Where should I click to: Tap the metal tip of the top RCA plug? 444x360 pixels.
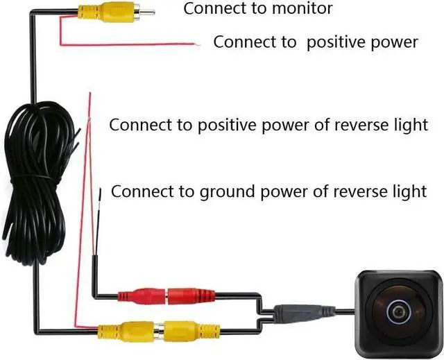144,11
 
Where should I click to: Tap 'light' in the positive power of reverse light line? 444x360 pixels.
411,126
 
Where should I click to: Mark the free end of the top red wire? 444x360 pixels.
197,45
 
